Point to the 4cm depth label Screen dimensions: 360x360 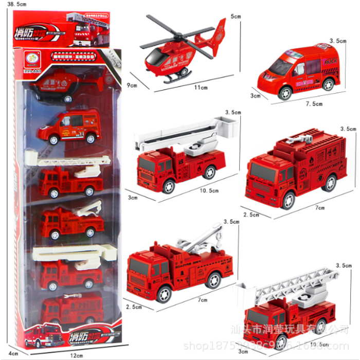6,352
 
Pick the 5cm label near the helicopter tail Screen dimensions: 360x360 236,16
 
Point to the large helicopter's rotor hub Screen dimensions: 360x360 177,36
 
